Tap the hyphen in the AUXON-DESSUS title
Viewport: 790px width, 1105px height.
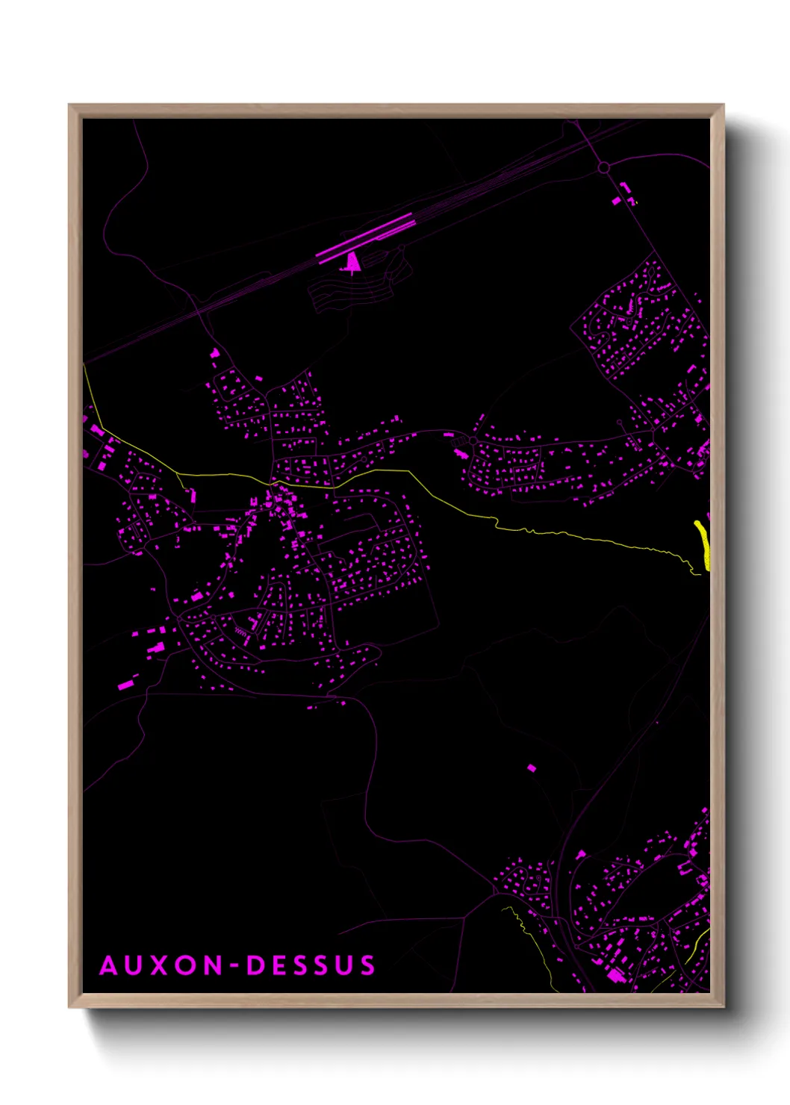[x=234, y=966]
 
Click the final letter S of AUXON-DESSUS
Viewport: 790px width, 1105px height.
[x=367, y=965]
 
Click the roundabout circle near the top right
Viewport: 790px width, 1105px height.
[x=604, y=168]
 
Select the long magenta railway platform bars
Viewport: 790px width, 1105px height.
[x=365, y=236]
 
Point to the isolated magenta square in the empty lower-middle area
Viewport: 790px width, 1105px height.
[x=532, y=768]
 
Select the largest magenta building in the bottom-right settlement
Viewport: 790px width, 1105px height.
[x=616, y=975]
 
